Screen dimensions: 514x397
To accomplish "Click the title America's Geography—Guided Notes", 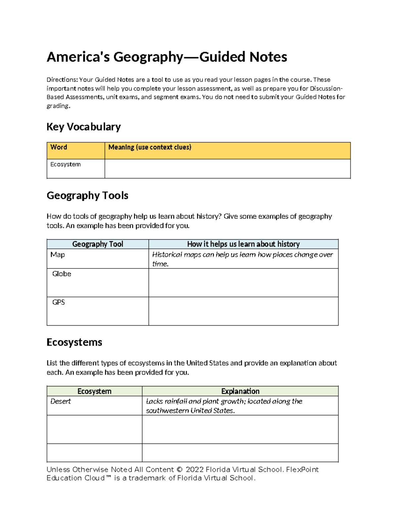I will point(167,57).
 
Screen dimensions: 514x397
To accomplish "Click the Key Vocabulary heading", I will point(83,127).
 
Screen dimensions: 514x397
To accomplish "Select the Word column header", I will point(59,147).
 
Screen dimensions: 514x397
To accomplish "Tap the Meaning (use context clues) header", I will point(150,147).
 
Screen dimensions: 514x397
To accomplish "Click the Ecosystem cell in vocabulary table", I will point(66,164).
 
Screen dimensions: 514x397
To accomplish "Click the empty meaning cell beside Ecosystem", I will point(227,169).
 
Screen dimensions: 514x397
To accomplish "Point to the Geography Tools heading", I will point(87,196).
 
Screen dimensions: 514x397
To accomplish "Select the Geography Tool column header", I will point(98,244).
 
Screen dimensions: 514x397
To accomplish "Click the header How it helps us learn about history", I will point(243,244).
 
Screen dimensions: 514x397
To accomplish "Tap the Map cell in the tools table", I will point(58,255).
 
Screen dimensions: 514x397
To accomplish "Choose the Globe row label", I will point(62,274).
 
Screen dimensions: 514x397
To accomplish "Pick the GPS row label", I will point(59,303).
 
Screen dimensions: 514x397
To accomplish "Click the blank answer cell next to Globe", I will point(243,283).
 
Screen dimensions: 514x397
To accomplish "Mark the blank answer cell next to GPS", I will point(243,311).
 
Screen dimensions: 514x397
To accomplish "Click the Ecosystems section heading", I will point(74,342).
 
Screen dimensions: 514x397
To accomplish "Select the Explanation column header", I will point(240,391).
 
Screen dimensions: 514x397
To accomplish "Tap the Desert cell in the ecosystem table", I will point(61,401).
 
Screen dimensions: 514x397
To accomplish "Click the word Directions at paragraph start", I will point(62,80).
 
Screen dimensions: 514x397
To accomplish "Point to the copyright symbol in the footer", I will point(179,470).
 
